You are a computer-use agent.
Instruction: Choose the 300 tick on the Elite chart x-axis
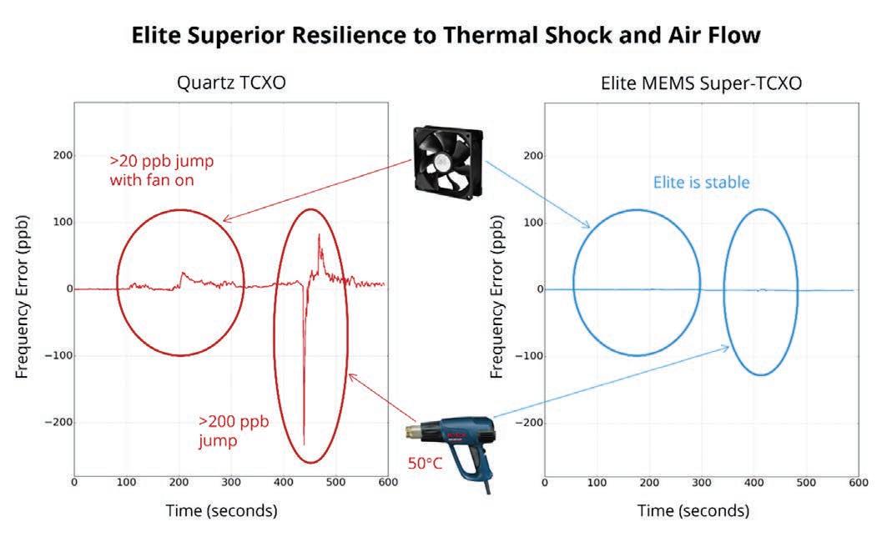click(x=702, y=483)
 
